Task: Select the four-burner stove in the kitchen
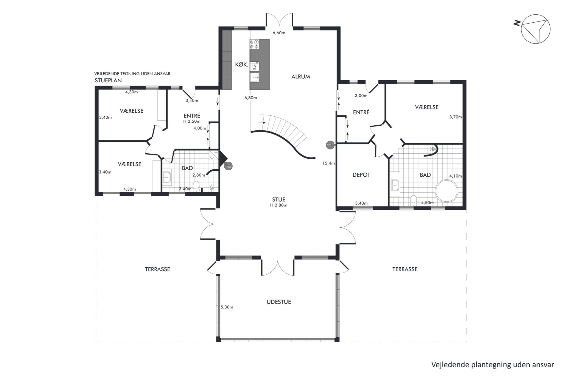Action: coord(255,44)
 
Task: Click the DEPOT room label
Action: coord(361,175)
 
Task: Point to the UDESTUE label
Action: coord(279,302)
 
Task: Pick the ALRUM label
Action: coord(301,77)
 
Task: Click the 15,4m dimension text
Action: coord(328,163)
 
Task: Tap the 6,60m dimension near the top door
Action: coord(279,33)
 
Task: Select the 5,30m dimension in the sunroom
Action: coord(227,307)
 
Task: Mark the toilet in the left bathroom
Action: coord(196,186)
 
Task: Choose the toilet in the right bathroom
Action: coord(413,200)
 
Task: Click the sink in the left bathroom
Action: coord(167,178)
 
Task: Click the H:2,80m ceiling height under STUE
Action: coord(279,205)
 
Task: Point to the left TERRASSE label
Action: coord(158,269)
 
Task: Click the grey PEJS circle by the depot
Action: coord(329,144)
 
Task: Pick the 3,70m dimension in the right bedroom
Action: coord(455,117)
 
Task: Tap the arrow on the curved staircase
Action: coord(262,123)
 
